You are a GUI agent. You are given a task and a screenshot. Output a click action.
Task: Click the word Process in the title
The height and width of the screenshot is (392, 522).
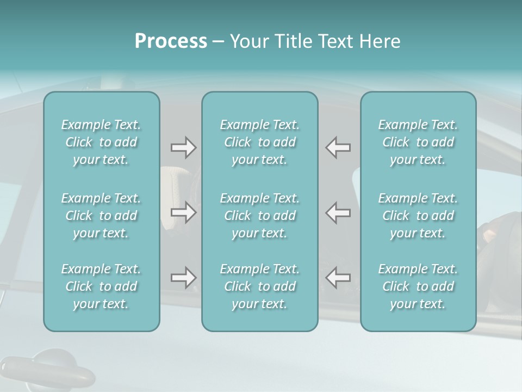171,41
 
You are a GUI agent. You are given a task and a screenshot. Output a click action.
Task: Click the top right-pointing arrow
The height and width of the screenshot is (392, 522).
183,148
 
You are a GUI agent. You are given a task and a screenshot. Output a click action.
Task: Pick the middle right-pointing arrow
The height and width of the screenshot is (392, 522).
183,212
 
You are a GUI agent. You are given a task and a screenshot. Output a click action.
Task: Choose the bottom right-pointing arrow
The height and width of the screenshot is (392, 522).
183,278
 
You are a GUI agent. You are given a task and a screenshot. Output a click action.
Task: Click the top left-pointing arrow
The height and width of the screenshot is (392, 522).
338,148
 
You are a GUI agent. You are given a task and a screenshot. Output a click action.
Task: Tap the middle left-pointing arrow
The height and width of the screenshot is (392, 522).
338,212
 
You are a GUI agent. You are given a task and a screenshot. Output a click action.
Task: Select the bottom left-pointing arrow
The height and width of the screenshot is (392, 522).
338,278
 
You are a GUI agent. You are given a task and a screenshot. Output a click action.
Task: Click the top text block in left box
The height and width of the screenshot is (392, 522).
101,142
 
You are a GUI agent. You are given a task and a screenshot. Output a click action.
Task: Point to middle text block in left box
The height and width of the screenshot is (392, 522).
101,215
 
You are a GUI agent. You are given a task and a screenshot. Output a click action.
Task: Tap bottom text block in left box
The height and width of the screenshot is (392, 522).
101,286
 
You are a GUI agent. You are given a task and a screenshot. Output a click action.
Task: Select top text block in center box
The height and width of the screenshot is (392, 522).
259,142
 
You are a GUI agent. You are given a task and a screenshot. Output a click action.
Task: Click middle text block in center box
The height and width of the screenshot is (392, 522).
259,215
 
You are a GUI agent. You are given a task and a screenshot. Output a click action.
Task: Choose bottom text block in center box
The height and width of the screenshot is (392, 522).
259,286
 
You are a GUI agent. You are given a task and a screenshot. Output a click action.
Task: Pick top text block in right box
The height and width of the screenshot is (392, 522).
418,142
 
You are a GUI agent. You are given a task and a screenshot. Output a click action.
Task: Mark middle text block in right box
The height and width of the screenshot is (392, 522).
418,215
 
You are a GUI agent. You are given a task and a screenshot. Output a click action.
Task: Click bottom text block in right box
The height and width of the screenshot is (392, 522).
418,286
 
